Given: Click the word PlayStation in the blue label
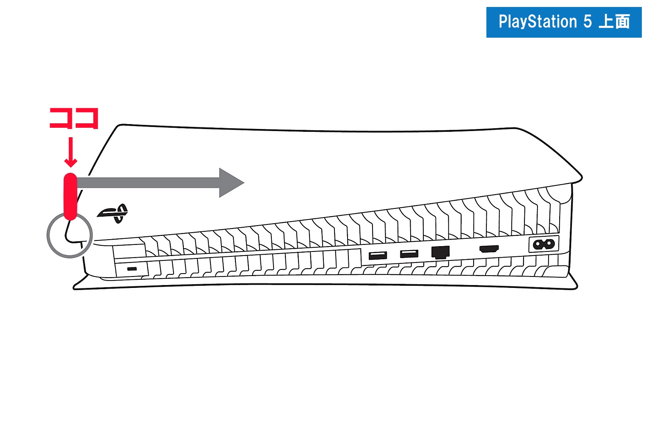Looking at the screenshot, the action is (538, 22).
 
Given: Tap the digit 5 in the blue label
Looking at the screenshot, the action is (588, 22).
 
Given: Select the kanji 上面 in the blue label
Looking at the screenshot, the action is (614, 22).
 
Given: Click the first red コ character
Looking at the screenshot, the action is (61, 118).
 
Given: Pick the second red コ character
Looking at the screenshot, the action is (86, 118).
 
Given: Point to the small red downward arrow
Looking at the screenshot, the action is (70, 152).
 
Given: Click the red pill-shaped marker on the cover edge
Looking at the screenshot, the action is (70, 197).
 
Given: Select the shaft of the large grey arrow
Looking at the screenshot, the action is (148, 183).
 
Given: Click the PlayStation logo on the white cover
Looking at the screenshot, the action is (113, 213).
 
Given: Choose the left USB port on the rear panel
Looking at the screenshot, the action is (378, 255).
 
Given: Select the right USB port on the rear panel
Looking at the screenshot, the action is (409, 254).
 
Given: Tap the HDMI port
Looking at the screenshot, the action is (489, 249).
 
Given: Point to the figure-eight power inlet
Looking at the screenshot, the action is (544, 244).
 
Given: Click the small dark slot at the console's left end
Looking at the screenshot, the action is (132, 269).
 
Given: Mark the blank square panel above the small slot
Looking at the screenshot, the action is (129, 252).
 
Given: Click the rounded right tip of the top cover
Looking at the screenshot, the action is (581, 178).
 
